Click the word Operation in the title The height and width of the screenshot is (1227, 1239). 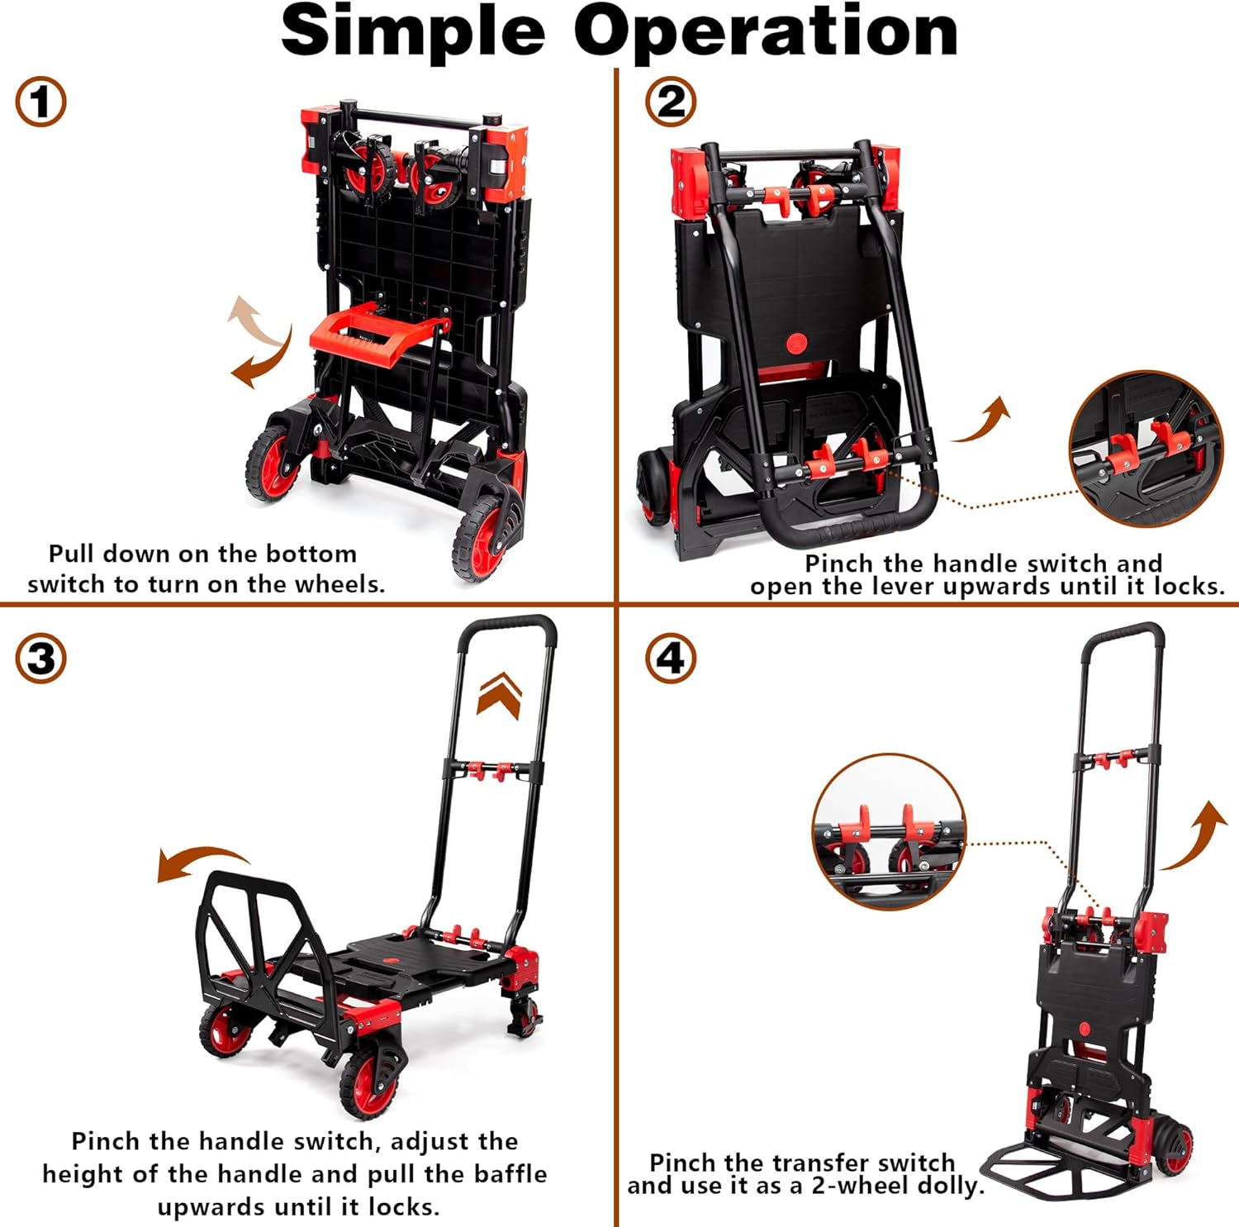tap(766, 31)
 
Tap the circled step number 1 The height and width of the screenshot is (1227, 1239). tap(40, 102)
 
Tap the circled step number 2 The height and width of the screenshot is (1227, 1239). tap(671, 102)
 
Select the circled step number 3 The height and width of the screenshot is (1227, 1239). tap(40, 659)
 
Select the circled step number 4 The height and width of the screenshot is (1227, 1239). tap(671, 659)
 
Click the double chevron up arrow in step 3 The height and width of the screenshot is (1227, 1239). tap(500, 695)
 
